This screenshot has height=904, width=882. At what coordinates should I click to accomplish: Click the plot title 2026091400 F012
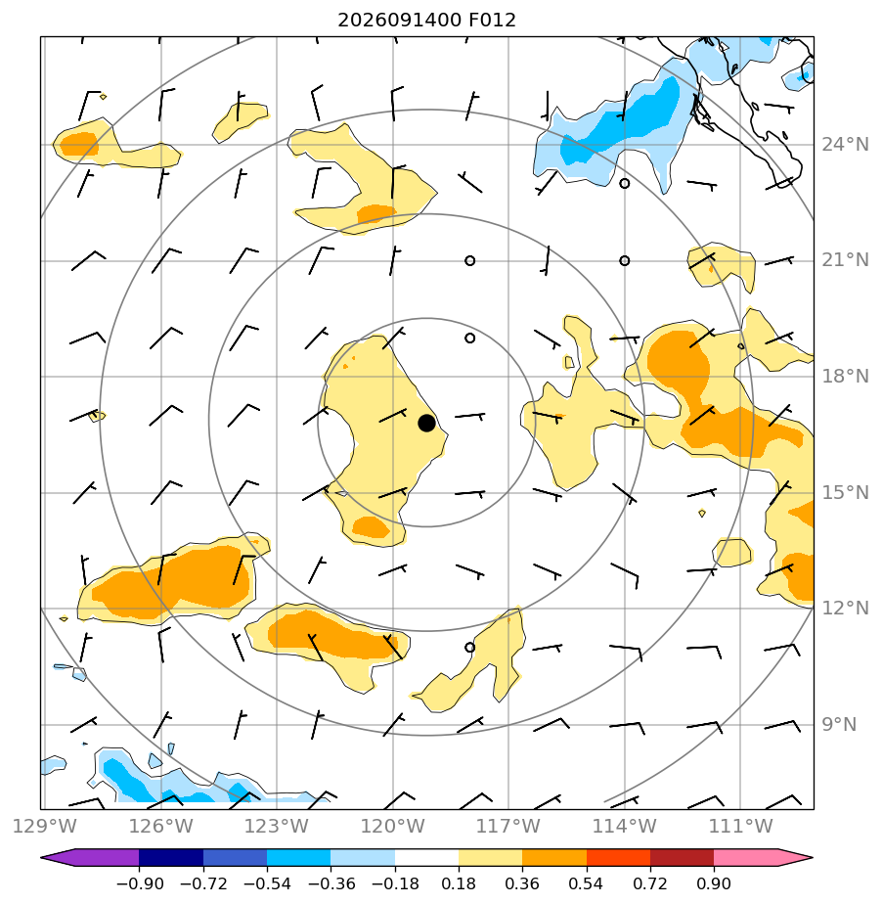[426, 21]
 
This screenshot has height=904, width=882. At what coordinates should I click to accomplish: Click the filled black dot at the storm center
[426, 423]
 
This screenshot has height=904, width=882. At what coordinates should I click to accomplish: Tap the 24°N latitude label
[845, 144]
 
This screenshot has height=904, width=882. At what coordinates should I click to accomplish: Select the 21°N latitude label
[845, 260]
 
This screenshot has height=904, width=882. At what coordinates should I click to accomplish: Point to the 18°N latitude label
[845, 377]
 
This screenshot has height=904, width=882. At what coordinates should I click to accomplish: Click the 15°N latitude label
[845, 492]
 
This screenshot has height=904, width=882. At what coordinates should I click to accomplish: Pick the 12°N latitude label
[845, 608]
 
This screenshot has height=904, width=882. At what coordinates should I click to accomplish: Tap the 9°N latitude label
[839, 724]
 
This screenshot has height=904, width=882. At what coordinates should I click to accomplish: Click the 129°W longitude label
[44, 826]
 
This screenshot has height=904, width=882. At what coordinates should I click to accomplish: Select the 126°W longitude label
[160, 826]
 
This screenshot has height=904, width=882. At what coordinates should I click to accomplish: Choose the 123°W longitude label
[277, 826]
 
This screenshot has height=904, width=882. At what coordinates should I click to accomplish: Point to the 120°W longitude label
[393, 826]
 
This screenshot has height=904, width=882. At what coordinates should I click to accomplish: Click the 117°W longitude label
[508, 826]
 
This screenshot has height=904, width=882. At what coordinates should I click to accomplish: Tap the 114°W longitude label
[625, 826]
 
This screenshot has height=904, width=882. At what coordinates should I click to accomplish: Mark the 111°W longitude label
[740, 826]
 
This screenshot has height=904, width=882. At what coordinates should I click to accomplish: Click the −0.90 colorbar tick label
[140, 883]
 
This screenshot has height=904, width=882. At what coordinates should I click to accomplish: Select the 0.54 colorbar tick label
[586, 883]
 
